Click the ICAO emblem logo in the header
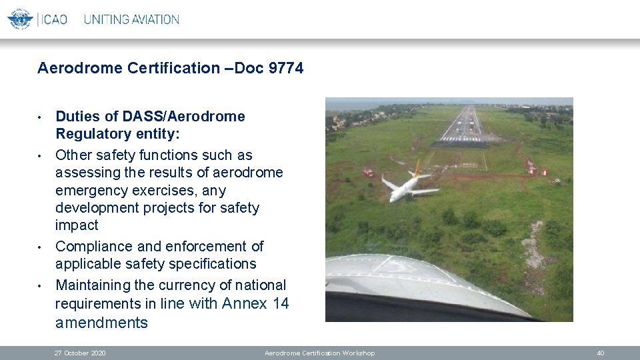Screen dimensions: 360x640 coord(20,19)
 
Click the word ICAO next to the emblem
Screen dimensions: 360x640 coord(53,19)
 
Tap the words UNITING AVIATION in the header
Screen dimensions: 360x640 coord(131,19)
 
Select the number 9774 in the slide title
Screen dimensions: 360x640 coord(285,68)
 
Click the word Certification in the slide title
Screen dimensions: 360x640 coord(175,68)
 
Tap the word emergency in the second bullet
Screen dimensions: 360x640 coord(89,190)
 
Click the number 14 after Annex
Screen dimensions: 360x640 coord(281,304)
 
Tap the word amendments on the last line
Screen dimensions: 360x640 coord(101,323)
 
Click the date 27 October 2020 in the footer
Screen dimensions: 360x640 coord(80,353)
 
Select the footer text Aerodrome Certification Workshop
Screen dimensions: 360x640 coord(319,353)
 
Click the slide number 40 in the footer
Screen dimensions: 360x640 coord(600,353)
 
